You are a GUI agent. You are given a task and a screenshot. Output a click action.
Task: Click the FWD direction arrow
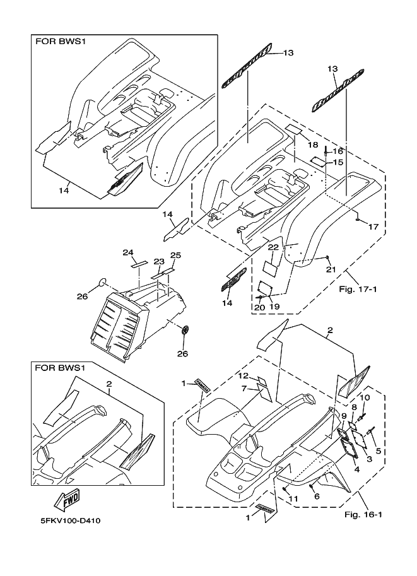[68, 500]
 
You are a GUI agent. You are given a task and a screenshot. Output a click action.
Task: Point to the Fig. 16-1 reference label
[363, 515]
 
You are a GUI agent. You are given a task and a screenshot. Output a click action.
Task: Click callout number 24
[129, 252]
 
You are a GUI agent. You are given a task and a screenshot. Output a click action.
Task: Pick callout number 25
[175, 256]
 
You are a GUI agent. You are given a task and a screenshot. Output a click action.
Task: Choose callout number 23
[159, 261]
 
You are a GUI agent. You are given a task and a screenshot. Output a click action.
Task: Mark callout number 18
[313, 144]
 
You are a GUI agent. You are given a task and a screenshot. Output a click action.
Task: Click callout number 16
[338, 151]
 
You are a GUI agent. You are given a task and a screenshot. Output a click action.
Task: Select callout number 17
[373, 226]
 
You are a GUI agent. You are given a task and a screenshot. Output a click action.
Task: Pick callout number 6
[317, 496]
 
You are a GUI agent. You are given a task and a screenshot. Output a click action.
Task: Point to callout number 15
[338, 162]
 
